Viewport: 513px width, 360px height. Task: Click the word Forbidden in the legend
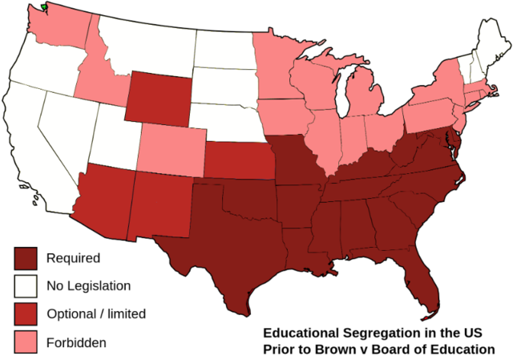click(76, 342)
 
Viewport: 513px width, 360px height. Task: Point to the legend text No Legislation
click(88, 285)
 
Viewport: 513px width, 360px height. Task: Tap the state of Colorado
click(171, 149)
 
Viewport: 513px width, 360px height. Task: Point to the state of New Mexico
click(160, 205)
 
